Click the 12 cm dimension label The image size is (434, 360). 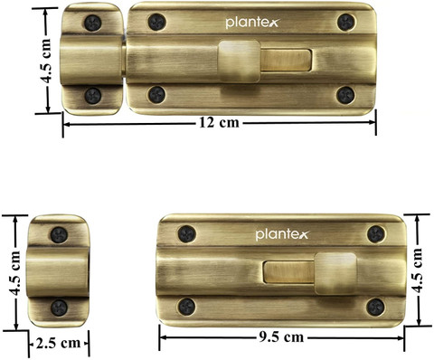coord(219,123)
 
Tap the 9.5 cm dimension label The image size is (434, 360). coord(281,337)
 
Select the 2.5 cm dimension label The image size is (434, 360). coord(58,343)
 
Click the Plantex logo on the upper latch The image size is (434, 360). coord(252,23)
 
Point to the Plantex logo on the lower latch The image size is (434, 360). coord(282,234)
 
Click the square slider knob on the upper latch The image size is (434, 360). coord(239,62)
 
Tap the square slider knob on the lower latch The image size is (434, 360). coord(335,273)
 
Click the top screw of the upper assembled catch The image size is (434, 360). coord(93,23)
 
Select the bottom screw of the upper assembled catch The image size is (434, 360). coord(93,96)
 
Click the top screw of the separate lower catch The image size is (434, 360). coord(59,235)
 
